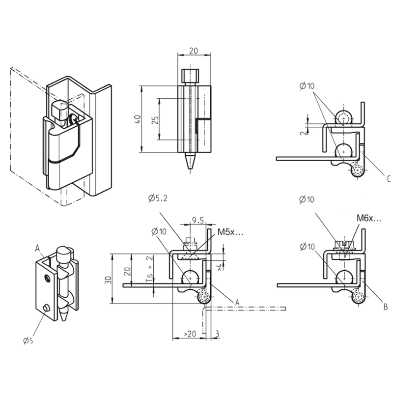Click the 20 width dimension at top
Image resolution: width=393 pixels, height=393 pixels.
194,51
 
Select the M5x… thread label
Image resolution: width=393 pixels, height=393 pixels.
230,232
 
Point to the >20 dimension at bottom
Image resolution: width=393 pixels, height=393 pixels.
190,334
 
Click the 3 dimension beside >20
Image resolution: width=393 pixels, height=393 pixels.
217,334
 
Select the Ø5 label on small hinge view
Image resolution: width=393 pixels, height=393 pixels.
28,339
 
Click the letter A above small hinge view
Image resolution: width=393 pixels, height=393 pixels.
37,248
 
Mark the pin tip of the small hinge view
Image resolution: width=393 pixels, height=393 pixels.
65,315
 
